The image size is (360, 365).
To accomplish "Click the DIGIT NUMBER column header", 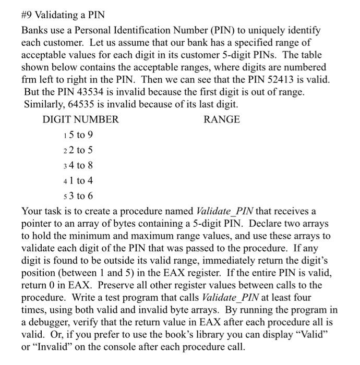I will coord(80,119).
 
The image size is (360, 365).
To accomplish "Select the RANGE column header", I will coord(222,119).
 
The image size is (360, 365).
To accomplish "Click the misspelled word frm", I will coord(30,81).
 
